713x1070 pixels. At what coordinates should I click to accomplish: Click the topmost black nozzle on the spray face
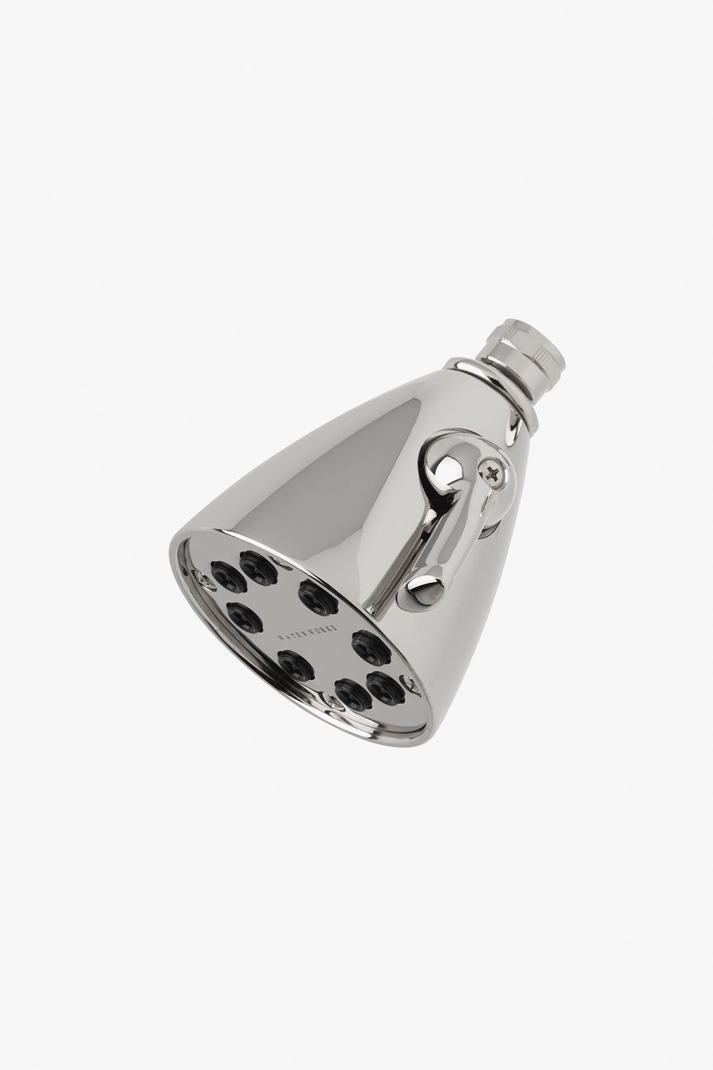click(x=254, y=563)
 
